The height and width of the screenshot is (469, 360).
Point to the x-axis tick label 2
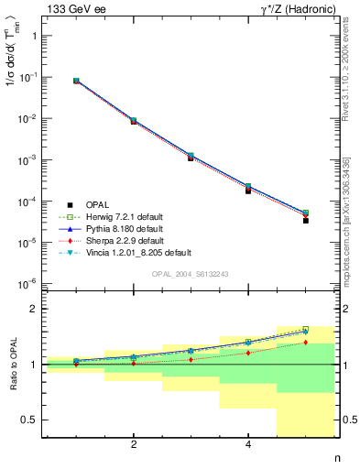coord(134,445)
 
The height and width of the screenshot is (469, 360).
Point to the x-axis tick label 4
coord(248,445)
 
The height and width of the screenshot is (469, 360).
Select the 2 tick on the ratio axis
coord(37,309)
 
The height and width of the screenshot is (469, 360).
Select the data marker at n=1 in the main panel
coord(76,81)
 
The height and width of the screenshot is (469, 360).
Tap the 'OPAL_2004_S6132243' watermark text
coord(191,274)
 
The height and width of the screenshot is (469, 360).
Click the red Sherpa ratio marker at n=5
coord(306,343)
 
